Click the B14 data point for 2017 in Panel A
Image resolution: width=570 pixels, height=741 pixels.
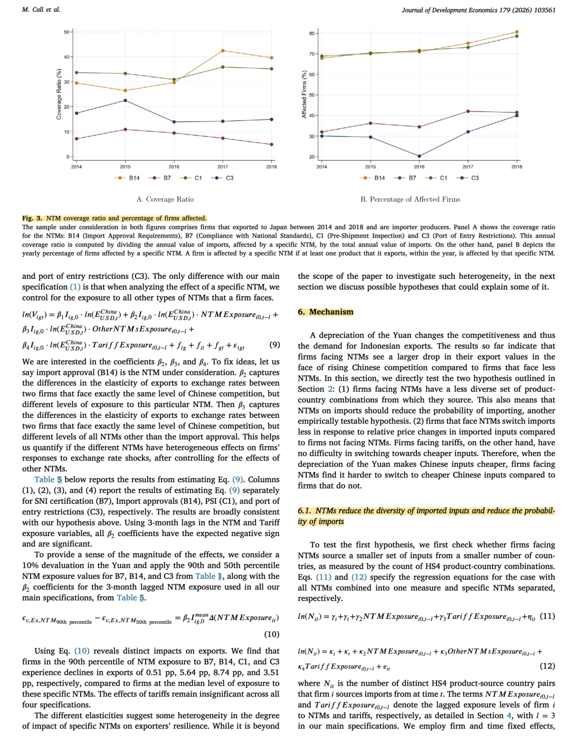(x=223, y=51)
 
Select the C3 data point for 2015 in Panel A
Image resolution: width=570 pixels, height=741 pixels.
(x=125, y=100)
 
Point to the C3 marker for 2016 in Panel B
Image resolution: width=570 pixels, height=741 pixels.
(x=419, y=156)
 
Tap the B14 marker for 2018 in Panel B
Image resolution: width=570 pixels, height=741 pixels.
(x=517, y=32)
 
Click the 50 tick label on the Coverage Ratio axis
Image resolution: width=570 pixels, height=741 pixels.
(x=66, y=32)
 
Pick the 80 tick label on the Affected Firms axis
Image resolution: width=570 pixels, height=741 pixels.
(x=311, y=34)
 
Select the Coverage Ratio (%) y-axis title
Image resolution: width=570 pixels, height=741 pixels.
(x=59, y=94)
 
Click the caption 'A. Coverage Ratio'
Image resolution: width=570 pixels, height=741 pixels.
(x=165, y=199)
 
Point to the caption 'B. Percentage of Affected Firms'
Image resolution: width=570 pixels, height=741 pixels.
(x=410, y=199)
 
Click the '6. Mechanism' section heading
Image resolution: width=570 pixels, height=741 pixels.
(x=326, y=312)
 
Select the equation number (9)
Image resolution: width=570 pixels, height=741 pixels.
(x=274, y=345)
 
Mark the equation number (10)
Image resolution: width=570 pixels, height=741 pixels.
(x=271, y=634)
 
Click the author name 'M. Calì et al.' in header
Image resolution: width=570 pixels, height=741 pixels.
(x=41, y=10)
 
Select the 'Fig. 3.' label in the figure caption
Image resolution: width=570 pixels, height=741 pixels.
(x=32, y=218)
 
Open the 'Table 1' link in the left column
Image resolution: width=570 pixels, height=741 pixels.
(x=208, y=576)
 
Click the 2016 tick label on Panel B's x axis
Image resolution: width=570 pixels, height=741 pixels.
(x=419, y=167)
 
